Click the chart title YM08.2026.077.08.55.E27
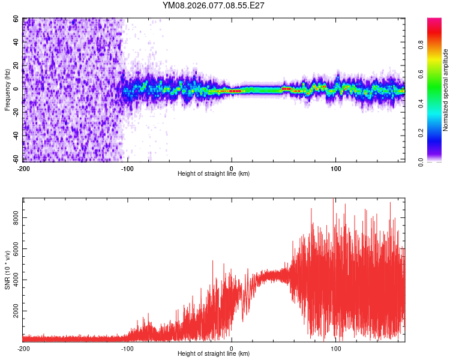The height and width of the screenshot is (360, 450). [x=214, y=5]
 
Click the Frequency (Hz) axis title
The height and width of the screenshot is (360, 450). [x=7, y=89]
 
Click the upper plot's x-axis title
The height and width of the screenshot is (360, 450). [x=214, y=174]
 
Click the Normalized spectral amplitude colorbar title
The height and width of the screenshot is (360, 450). [x=446, y=90]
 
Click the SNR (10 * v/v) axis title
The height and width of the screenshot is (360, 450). [x=7, y=270]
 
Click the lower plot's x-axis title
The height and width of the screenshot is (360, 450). [x=214, y=354]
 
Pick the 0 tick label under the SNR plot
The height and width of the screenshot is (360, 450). [x=232, y=349]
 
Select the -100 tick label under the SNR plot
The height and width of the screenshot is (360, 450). [x=127, y=349]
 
